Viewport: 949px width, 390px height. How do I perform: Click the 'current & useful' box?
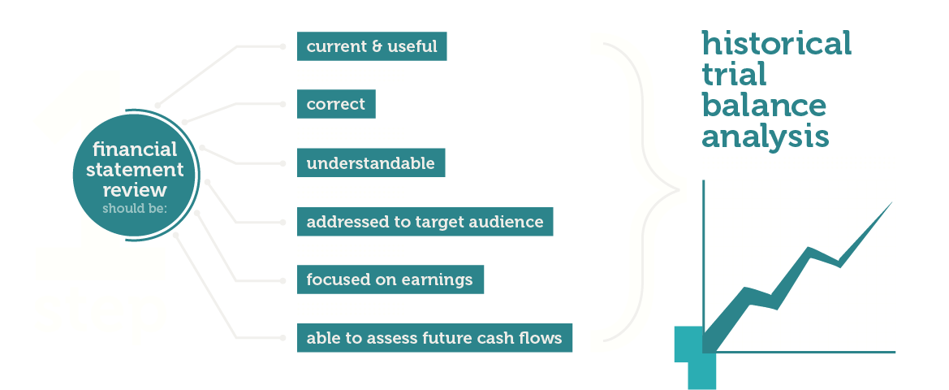[x=372, y=46]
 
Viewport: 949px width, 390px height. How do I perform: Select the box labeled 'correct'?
[x=336, y=104]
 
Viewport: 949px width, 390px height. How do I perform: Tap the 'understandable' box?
[x=370, y=162]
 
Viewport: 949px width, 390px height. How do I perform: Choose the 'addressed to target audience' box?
[x=425, y=221]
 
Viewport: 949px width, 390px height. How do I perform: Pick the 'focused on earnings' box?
[x=390, y=279]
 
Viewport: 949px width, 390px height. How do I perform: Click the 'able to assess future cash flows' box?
[x=434, y=337]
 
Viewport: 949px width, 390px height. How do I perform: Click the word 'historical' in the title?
[x=777, y=43]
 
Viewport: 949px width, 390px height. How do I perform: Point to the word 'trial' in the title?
[x=734, y=75]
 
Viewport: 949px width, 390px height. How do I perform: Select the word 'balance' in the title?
[x=764, y=106]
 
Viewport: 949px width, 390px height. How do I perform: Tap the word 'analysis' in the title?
[x=765, y=137]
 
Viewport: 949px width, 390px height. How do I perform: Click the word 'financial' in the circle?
[x=135, y=149]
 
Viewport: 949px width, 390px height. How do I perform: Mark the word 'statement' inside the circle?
[x=135, y=170]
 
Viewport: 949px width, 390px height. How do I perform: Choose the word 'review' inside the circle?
[x=135, y=189]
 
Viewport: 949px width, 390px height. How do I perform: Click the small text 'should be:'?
[x=135, y=209]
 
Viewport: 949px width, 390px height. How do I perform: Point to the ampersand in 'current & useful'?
[x=371, y=46]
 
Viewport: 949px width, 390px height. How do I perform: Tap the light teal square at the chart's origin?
[x=696, y=357]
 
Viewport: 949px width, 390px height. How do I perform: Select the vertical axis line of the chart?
[x=703, y=266]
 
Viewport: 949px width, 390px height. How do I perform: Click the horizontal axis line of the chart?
[x=799, y=351]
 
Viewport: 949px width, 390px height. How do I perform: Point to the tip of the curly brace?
[x=679, y=191]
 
